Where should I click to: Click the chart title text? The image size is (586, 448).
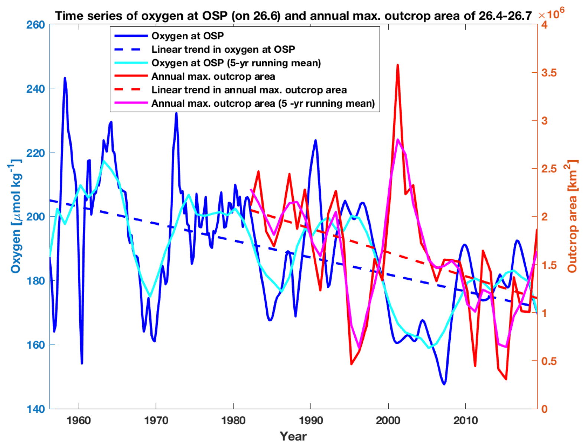293,16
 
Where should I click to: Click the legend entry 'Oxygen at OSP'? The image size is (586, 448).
187,36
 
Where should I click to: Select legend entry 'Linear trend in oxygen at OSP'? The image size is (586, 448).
223,49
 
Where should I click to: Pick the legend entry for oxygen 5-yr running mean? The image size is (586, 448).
236,63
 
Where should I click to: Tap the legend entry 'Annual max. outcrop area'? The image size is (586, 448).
213,76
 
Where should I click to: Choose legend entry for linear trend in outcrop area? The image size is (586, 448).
249,90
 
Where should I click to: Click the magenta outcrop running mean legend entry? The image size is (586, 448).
263,103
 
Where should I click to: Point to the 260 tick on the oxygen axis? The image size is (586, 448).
35,25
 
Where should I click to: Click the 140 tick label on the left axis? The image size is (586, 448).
35,409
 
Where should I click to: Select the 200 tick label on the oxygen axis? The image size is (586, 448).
35,217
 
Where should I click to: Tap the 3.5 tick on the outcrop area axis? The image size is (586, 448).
549,73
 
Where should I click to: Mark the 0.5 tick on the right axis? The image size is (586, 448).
549,361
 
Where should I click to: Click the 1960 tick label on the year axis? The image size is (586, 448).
79,421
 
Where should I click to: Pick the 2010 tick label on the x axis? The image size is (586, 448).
465,421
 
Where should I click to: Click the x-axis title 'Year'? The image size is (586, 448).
293,436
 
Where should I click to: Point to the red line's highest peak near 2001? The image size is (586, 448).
398,65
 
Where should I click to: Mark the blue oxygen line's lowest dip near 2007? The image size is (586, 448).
444,384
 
